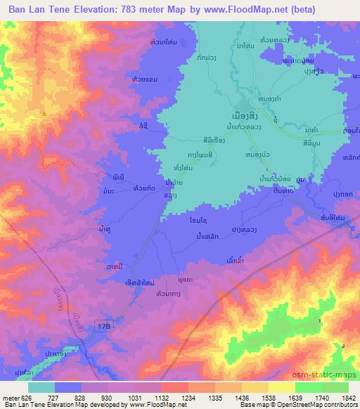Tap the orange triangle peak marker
point(44,112)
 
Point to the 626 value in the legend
point(27,397)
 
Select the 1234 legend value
point(188,397)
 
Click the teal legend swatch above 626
point(41,387)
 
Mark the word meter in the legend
point(11,397)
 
